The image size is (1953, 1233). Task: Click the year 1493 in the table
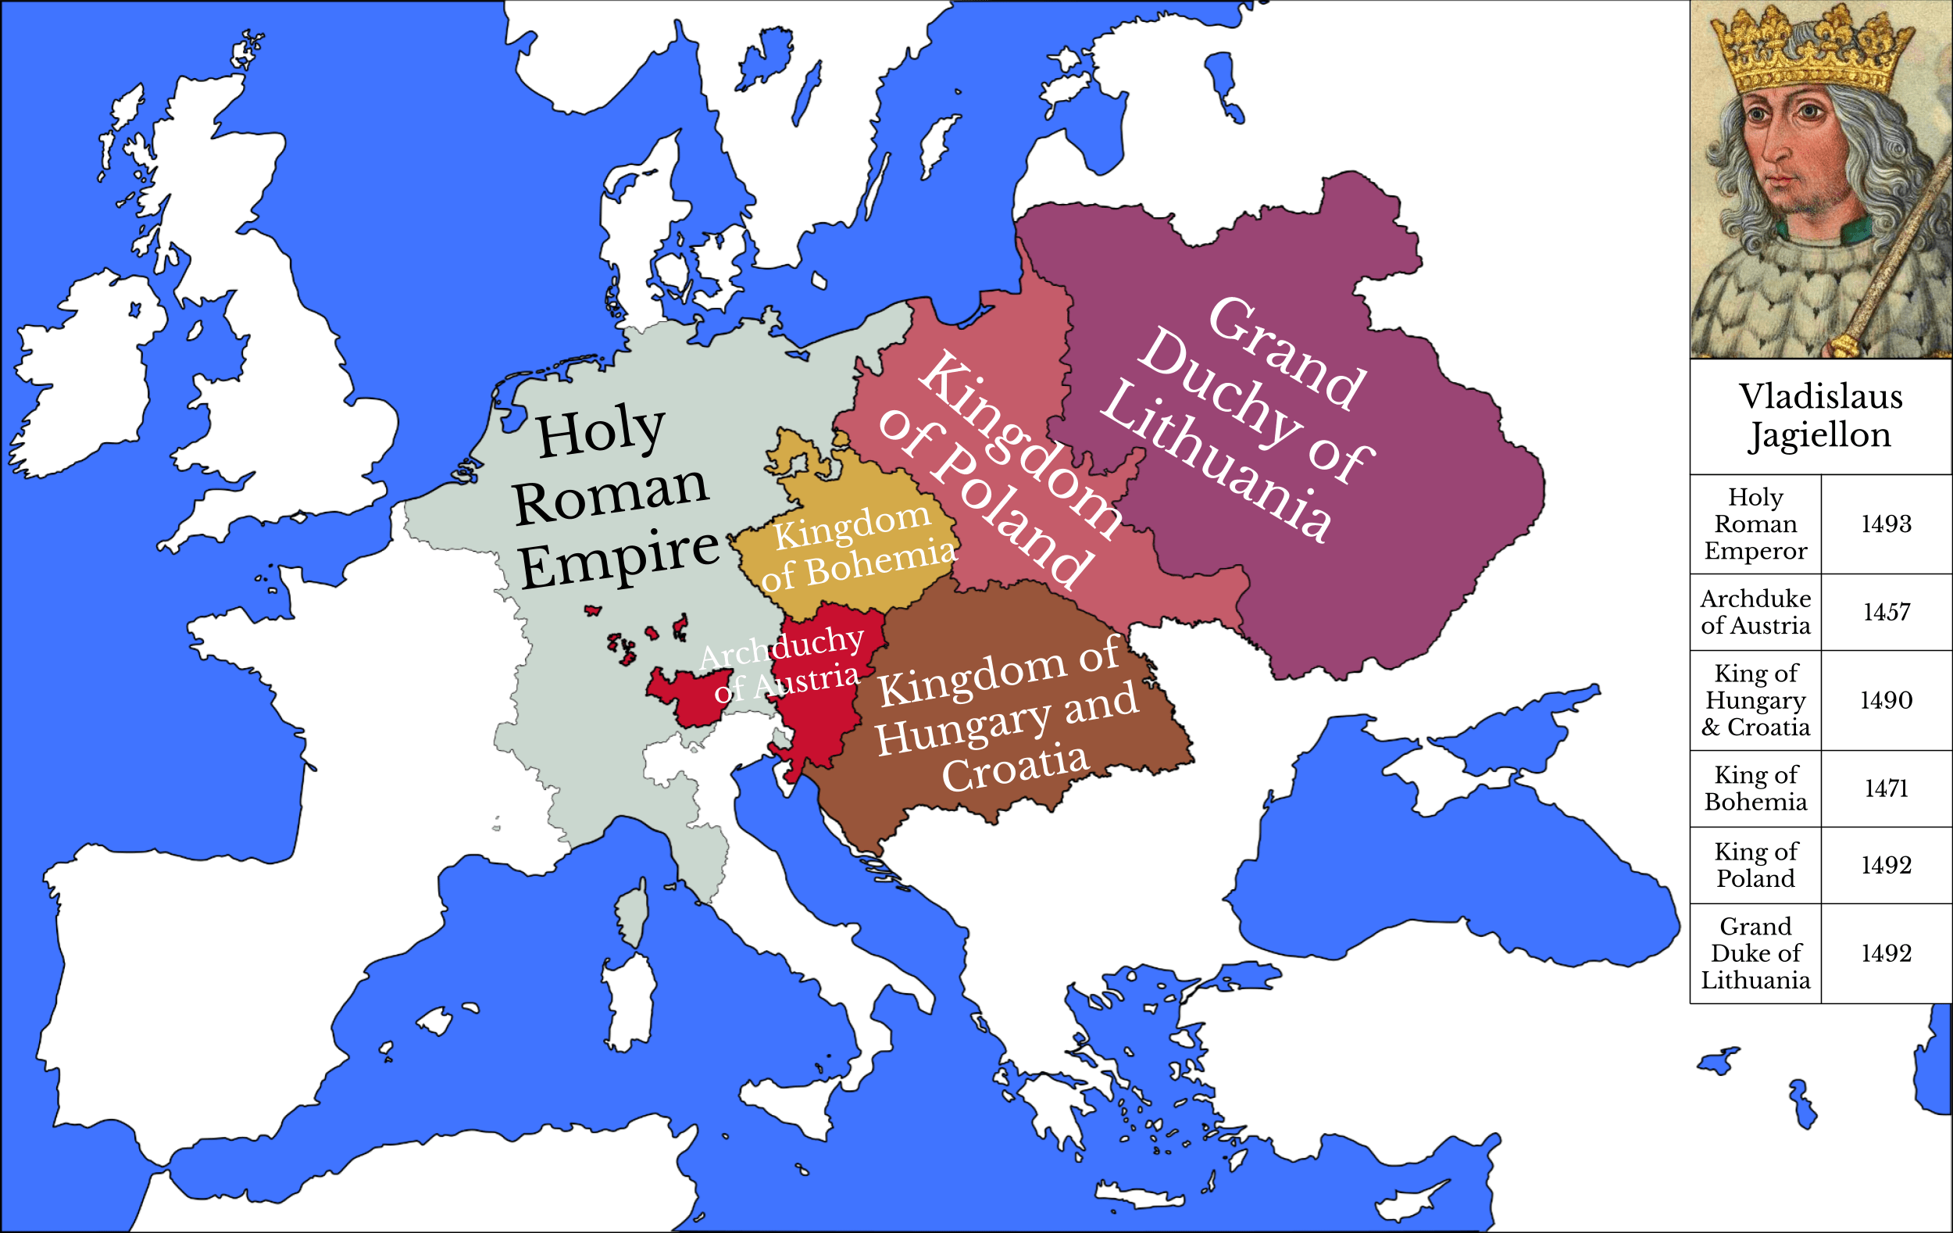coord(1886,524)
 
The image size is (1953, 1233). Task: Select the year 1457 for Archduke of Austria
coord(1886,612)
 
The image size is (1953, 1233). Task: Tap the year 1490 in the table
coord(1886,700)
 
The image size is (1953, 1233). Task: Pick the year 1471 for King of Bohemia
coord(1886,788)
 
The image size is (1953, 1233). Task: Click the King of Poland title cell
coord(1755,865)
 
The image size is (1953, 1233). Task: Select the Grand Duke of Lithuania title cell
coord(1755,953)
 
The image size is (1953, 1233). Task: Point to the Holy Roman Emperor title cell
coord(1755,524)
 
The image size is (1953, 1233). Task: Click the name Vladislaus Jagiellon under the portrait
coord(1820,416)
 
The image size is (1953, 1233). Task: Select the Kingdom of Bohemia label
coord(855,548)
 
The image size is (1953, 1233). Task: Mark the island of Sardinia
coord(629,1002)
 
